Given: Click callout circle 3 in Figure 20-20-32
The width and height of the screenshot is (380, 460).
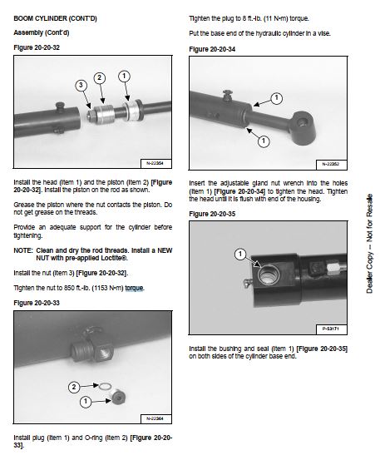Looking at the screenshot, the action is coord(81,86).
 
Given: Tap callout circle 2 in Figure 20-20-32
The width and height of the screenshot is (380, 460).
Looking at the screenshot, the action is coord(100,77).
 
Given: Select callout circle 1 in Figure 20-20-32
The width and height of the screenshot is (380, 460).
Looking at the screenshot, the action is coord(124,77).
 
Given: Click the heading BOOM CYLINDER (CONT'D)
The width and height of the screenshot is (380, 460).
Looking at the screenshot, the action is coord(55,18).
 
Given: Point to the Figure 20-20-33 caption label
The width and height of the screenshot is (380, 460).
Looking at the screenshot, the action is coord(37,303).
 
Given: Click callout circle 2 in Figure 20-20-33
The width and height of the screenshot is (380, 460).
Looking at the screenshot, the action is coord(74,388).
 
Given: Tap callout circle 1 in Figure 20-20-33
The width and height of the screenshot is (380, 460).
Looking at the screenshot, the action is coord(86,401).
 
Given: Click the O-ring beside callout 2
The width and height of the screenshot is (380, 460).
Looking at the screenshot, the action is coord(105,386).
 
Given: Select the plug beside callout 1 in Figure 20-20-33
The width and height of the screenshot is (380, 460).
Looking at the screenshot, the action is coord(119,397).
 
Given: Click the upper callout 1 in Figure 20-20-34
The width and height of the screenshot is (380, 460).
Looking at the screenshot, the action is coord(277,98).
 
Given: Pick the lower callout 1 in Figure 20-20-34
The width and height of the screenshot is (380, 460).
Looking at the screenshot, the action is coord(264,141).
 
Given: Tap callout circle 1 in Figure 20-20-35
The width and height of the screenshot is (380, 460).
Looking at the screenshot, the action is coord(240,254).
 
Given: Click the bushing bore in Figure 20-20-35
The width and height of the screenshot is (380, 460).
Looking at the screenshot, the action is coord(267,274).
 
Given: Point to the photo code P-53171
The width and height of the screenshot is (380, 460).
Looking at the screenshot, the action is coord(331,329).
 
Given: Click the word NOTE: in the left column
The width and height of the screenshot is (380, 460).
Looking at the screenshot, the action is coord(23,251).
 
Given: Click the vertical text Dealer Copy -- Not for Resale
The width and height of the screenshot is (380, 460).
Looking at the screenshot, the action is coord(369,244).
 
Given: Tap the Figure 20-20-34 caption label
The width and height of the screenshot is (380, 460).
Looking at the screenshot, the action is coord(212,49).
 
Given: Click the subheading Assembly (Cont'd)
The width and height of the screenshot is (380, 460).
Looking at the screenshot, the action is coord(42,32).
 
